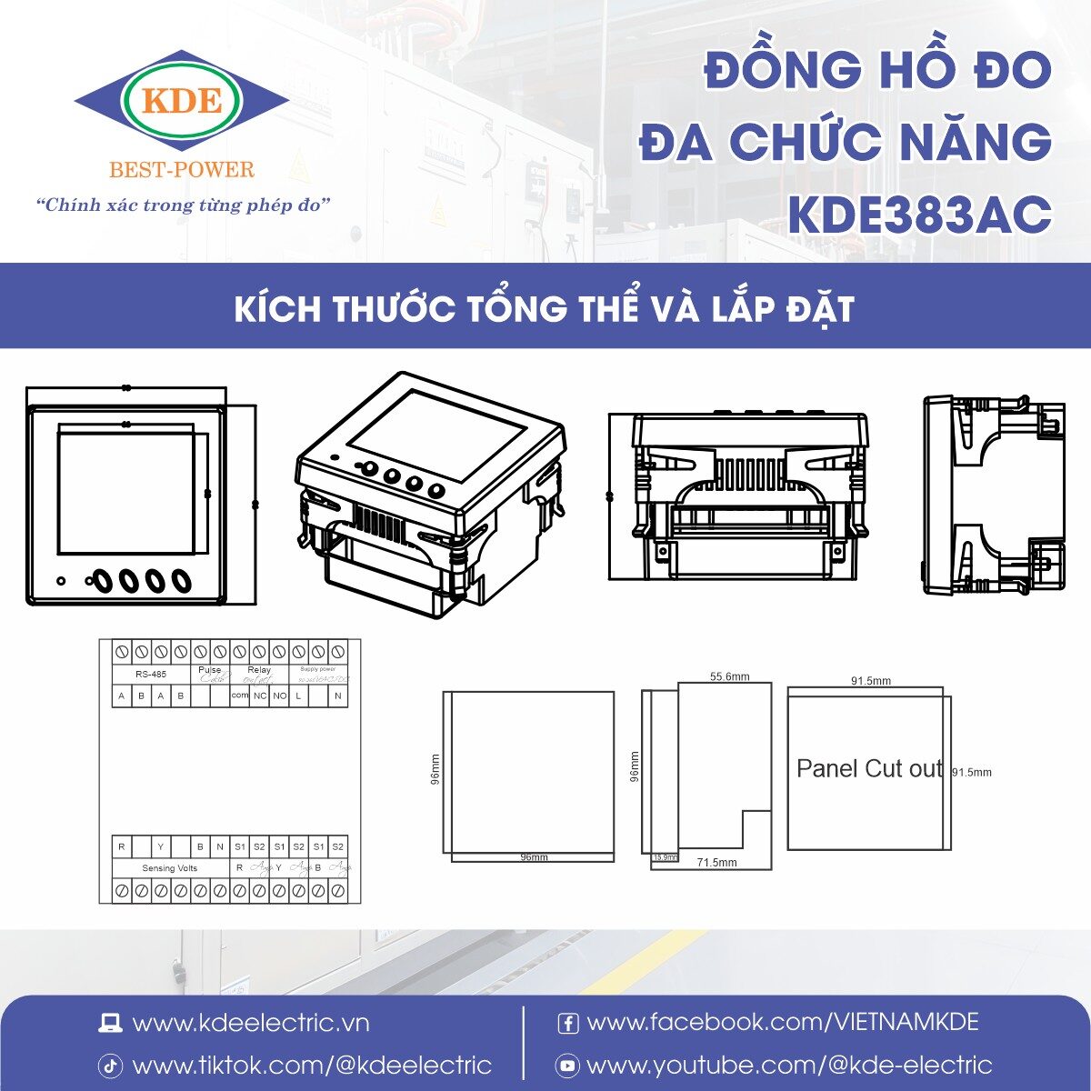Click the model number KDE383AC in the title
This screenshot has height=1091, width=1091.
(x=919, y=215)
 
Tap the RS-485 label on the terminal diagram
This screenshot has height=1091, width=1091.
(x=151, y=675)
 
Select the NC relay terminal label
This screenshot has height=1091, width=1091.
(x=260, y=696)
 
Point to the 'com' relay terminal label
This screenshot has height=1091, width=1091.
(x=239, y=696)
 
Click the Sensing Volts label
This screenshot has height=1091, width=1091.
(x=169, y=868)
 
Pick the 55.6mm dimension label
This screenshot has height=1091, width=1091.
(x=729, y=676)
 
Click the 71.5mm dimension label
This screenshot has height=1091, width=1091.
(x=716, y=863)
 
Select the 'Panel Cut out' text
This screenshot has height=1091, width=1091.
(x=869, y=769)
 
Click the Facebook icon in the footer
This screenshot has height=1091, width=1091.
(x=567, y=1024)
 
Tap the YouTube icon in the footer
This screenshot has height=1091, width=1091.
(x=567, y=1066)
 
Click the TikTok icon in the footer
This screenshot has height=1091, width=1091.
(x=110, y=1066)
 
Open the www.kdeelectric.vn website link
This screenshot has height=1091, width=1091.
(x=251, y=1024)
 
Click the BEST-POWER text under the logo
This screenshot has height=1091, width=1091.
(x=182, y=170)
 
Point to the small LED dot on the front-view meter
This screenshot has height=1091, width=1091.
(x=61, y=580)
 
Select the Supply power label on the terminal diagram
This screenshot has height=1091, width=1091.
(x=317, y=669)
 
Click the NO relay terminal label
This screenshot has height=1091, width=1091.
(x=279, y=696)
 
